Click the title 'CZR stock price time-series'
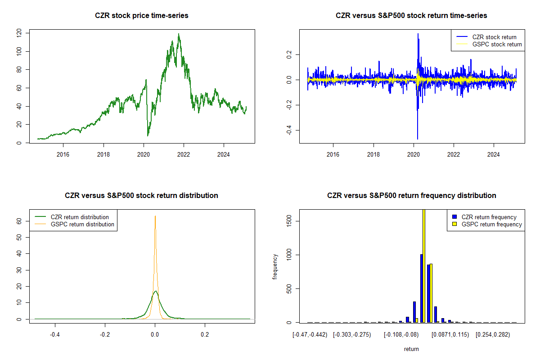pyautogui.click(x=142, y=16)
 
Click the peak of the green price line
pyautogui.click(x=179, y=34)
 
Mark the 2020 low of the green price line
pyautogui.click(x=148, y=135)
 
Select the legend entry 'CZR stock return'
pyautogui.click(x=494, y=37)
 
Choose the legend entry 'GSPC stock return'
pyautogui.click(x=497, y=44)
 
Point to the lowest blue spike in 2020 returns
pyautogui.click(x=417, y=139)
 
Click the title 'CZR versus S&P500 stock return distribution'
pyautogui.click(x=142, y=196)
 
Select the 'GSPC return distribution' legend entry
pyautogui.click(x=82, y=224)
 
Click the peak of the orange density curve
pyautogui.click(x=155, y=216)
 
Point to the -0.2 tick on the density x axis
pyautogui.click(x=105, y=335)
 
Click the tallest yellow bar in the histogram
pyautogui.click(x=424, y=265)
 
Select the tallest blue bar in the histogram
pyautogui.click(x=421, y=288)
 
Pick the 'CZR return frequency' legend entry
pyautogui.click(x=489, y=217)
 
